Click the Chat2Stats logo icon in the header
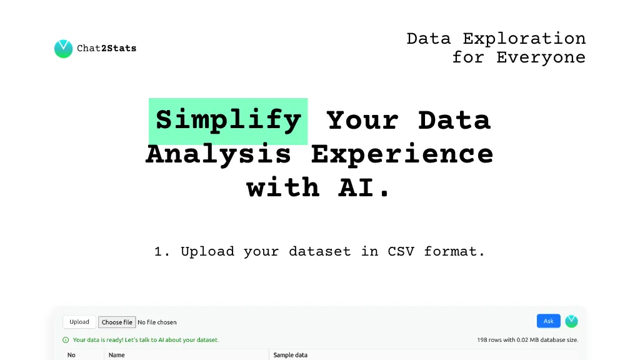pyautogui.click(x=63, y=49)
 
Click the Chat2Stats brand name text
pyautogui.click(x=106, y=49)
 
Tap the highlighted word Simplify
pyautogui.click(x=228, y=121)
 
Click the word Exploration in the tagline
pyautogui.click(x=524, y=39)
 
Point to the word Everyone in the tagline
pyautogui.click(x=541, y=57)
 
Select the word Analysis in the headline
pyautogui.click(x=218, y=154)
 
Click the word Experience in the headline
pyautogui.click(x=402, y=154)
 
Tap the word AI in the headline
pyautogui.click(x=356, y=188)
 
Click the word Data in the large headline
pyautogui.click(x=454, y=121)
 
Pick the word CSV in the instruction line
pyautogui.click(x=401, y=251)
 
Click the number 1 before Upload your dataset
pyautogui.click(x=158, y=252)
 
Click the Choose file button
pyautogui.click(x=117, y=322)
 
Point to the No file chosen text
pyautogui.click(x=157, y=322)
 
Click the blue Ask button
pyautogui.click(x=549, y=321)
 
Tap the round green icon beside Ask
pyautogui.click(x=571, y=321)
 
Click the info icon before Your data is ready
pyautogui.click(x=66, y=340)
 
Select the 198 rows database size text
pyautogui.click(x=527, y=340)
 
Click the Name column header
pyautogui.click(x=117, y=355)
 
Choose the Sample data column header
pyautogui.click(x=290, y=355)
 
